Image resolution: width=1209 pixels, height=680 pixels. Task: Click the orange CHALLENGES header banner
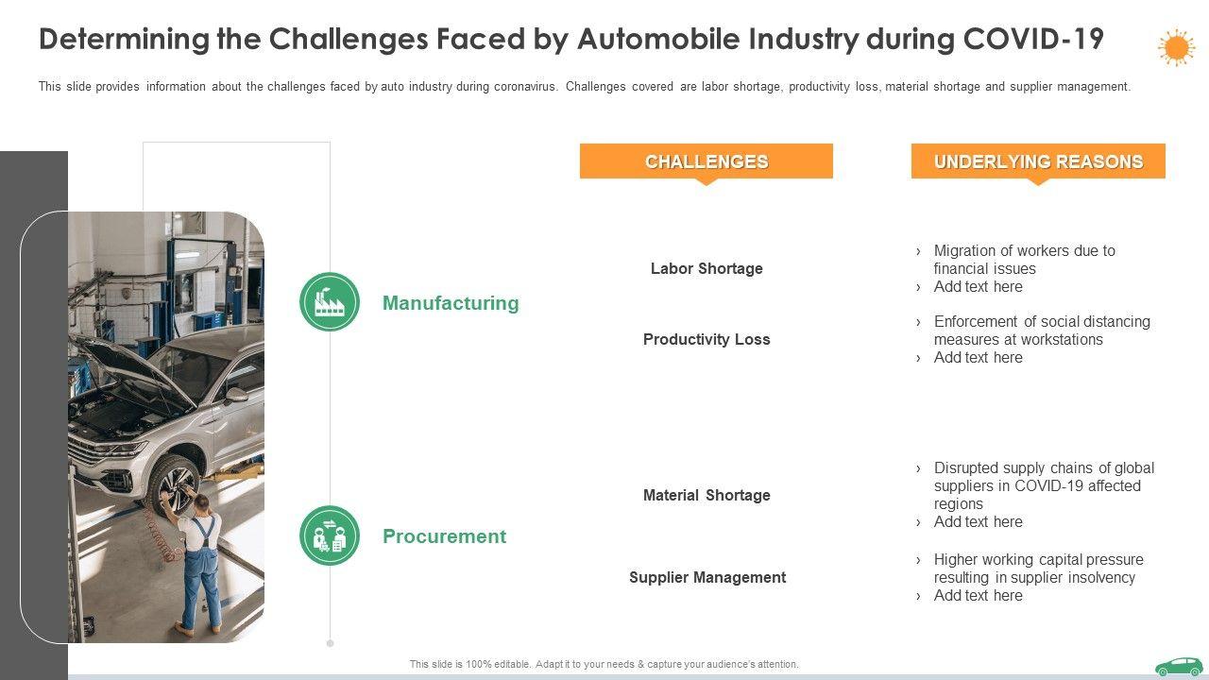706,161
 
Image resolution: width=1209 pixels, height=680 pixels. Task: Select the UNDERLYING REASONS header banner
1038,161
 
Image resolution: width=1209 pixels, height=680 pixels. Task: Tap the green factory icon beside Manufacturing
330,302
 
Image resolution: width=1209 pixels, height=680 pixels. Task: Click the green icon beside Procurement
330,535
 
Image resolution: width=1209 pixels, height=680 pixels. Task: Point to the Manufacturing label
451,303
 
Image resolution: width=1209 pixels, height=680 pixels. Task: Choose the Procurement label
444,536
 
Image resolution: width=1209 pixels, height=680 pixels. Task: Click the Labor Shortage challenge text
707,269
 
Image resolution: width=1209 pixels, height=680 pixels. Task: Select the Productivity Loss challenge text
707,340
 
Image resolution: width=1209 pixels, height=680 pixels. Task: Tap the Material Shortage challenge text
707,496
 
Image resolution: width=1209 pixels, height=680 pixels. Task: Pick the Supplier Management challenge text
707,578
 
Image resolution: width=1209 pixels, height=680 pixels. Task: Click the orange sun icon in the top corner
1176,47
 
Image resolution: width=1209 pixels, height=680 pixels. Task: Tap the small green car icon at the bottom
1179,667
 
